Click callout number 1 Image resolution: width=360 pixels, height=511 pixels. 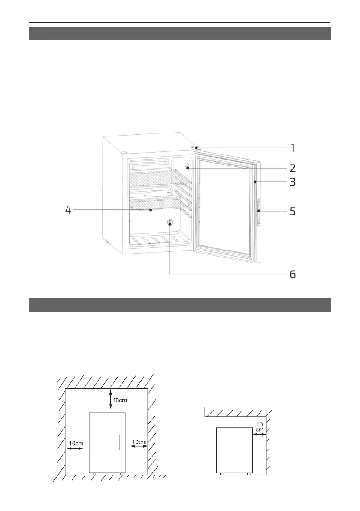(x=292, y=148)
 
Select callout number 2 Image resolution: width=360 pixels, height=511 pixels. (x=292, y=167)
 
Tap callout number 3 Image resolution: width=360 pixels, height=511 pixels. (x=292, y=182)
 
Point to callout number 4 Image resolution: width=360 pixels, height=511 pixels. (x=68, y=211)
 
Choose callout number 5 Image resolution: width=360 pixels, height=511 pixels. (x=292, y=212)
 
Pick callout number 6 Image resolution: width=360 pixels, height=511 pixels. (x=292, y=274)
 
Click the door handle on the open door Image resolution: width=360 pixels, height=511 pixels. (x=259, y=212)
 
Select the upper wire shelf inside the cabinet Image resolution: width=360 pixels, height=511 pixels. (x=154, y=177)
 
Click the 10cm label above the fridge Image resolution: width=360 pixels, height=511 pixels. (x=120, y=401)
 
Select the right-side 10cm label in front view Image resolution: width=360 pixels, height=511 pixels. (x=139, y=441)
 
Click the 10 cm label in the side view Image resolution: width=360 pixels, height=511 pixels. (x=259, y=426)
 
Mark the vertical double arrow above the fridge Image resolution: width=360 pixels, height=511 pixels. (x=111, y=399)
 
